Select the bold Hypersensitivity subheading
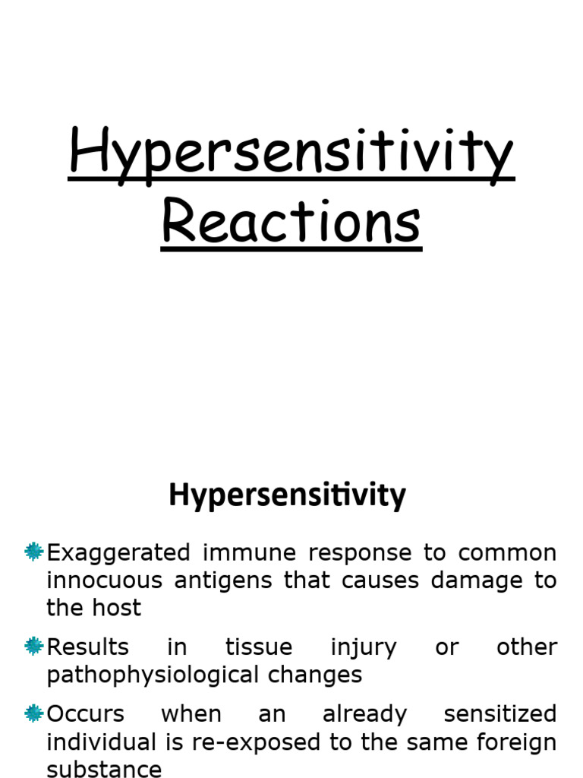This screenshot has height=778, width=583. (287, 495)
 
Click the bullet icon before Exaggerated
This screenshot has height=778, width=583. (33, 552)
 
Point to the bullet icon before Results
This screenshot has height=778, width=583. (33, 647)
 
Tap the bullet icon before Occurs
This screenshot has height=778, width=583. (33, 713)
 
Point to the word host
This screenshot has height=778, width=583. (114, 608)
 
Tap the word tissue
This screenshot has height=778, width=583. (258, 647)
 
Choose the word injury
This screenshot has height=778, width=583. (363, 647)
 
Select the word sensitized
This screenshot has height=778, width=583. (499, 714)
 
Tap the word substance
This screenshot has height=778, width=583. (104, 769)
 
